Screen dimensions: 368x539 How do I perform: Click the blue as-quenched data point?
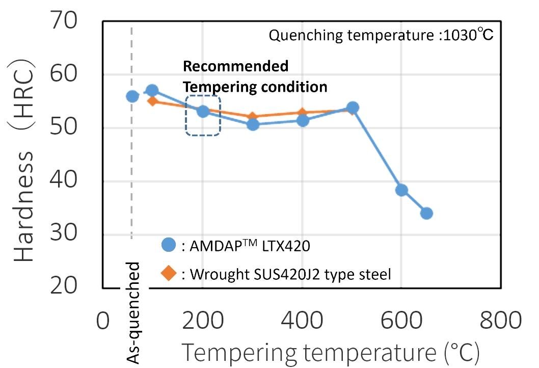tap(132, 96)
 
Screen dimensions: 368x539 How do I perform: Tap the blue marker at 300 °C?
tap(253, 124)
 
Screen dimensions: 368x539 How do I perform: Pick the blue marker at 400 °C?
tap(303, 121)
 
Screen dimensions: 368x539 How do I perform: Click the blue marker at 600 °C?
tap(401, 190)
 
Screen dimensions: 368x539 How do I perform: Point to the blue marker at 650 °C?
tap(427, 213)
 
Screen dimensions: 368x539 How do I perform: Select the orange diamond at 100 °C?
tap(152, 101)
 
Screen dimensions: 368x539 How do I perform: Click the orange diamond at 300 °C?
tap(252, 117)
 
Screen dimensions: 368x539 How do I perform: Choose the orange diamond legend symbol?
tap(168, 274)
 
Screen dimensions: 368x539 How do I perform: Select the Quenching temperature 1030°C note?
tap(381, 36)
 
